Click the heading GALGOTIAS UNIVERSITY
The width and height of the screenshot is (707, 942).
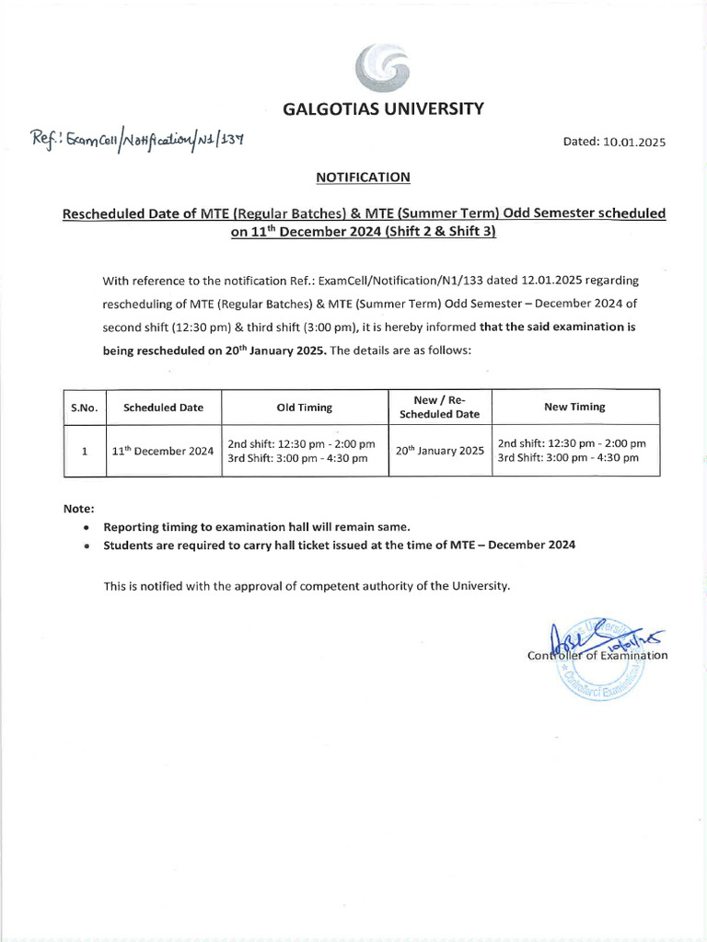click(382, 109)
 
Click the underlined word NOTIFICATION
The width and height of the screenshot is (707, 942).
click(363, 177)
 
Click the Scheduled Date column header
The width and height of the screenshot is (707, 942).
click(163, 408)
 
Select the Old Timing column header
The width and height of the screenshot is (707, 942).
click(305, 408)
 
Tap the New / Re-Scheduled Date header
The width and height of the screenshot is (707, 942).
click(439, 408)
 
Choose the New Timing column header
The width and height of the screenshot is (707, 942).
click(574, 407)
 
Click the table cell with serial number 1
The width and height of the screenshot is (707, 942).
click(84, 451)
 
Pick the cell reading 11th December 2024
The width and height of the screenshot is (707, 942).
click(163, 451)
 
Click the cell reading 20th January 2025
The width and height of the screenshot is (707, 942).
click(439, 451)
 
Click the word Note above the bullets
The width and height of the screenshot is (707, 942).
click(78, 509)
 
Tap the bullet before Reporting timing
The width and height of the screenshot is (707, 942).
click(86, 528)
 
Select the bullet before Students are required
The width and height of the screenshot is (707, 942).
click(86, 546)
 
